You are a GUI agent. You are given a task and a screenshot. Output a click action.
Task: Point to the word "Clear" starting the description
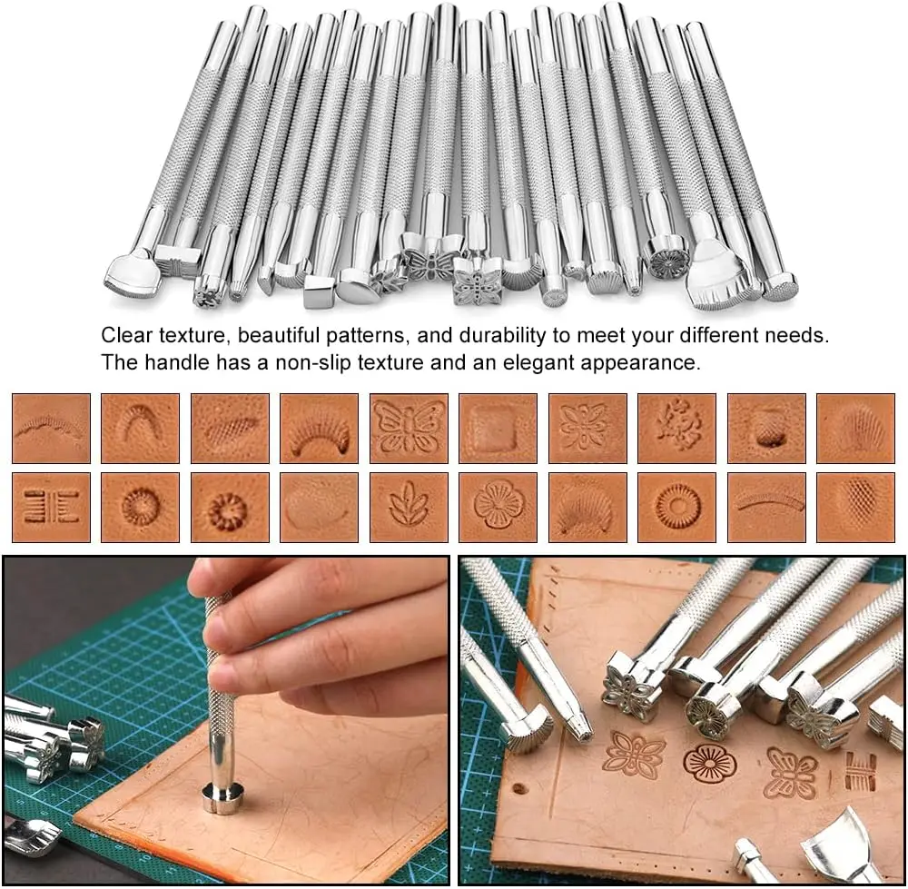(x=126, y=335)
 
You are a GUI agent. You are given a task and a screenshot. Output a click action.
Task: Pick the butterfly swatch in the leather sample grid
(x=409, y=428)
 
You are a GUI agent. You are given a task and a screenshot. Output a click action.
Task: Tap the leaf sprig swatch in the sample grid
(x=409, y=507)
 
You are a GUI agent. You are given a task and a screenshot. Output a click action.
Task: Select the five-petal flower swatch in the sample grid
(x=498, y=507)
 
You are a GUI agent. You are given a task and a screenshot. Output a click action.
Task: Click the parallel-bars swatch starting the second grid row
(x=51, y=507)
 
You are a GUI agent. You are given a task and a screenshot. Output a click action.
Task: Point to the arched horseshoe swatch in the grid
(x=140, y=428)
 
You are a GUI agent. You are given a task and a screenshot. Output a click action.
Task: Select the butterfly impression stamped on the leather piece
(x=790, y=772)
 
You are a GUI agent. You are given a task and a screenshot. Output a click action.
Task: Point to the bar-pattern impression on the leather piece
(x=860, y=771)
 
